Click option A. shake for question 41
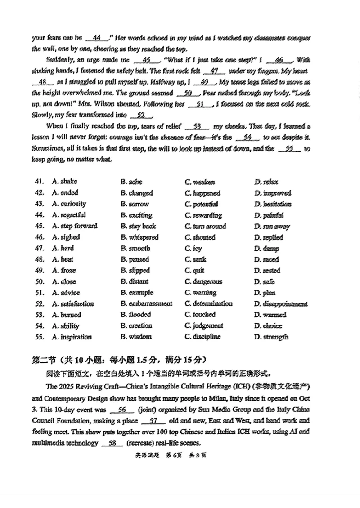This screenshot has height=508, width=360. [64, 182]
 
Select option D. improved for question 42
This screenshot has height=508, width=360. [272, 193]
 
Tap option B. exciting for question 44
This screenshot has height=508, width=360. [136, 215]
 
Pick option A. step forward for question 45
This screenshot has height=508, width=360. [74, 226]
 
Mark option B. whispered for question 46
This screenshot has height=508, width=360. [139, 237]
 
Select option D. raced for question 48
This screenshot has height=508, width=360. [266, 259]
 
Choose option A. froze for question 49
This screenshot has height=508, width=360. [64, 271]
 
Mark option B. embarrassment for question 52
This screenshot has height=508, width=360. [146, 304]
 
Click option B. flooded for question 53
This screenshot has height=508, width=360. [135, 315]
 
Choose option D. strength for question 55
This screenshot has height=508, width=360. [271, 337]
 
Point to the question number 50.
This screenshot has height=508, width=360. [38, 282]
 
